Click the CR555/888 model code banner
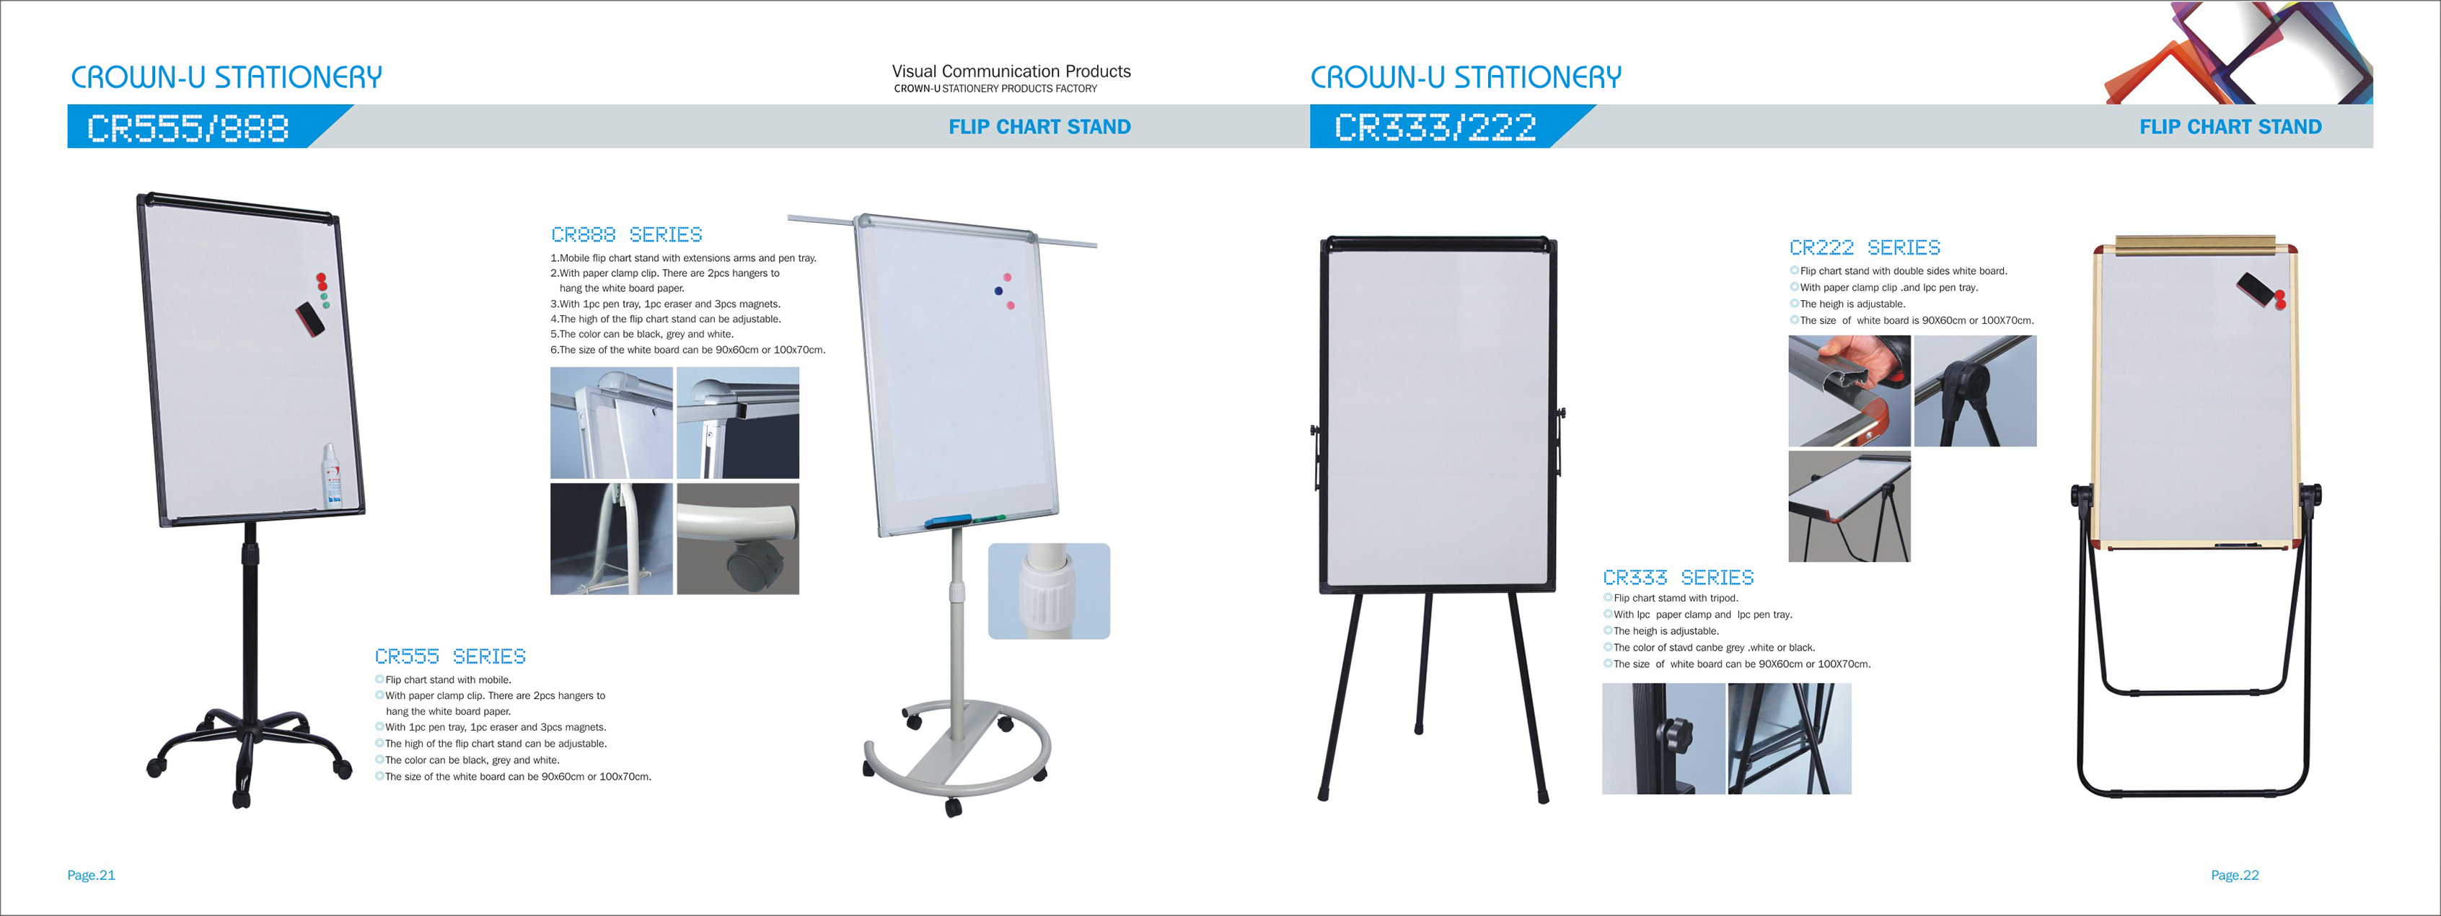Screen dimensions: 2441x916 [188, 128]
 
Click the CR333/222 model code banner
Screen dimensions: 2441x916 [1435, 128]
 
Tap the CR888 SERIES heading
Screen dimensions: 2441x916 [626, 234]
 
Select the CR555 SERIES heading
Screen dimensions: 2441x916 [450, 656]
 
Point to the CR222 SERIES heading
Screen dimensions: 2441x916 [1864, 247]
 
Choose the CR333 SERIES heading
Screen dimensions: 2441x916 [1678, 577]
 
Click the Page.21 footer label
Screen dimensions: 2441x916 [91, 876]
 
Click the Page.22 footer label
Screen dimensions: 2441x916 [2235, 876]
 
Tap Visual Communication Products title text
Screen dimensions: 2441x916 [1011, 71]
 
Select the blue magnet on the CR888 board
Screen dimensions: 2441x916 [998, 291]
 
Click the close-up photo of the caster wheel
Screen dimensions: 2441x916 [738, 539]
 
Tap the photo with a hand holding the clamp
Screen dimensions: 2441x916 [1849, 390]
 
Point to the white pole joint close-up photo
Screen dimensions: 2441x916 [1049, 591]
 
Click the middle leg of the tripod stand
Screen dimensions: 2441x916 [1423, 663]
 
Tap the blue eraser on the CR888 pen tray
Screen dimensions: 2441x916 [948, 521]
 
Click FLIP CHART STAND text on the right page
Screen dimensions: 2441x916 [2230, 127]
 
